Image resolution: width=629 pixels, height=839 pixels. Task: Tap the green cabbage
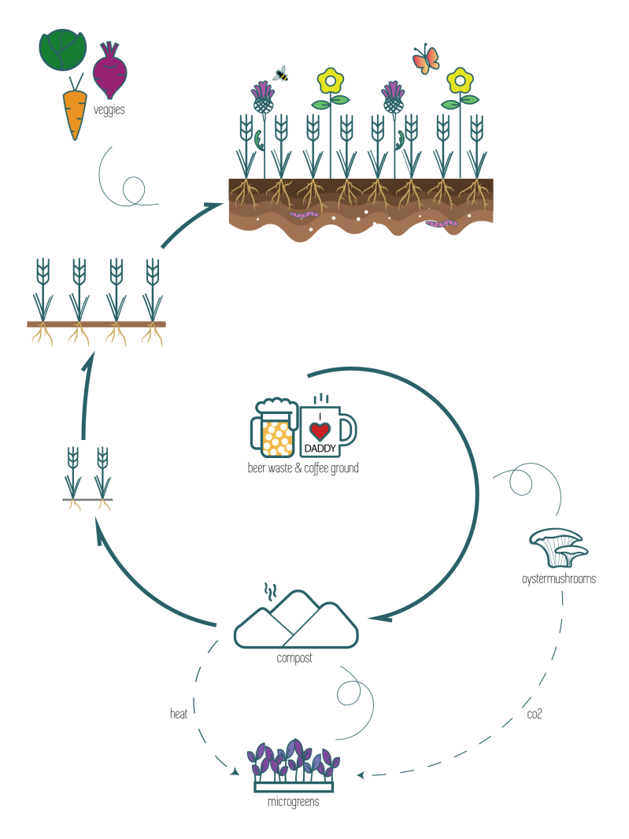point(61,50)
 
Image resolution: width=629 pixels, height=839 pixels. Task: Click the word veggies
point(109,111)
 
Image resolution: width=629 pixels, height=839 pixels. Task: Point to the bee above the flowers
point(280,74)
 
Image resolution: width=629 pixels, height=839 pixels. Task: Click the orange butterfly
point(425,60)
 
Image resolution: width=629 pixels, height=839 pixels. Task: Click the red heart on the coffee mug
point(320,431)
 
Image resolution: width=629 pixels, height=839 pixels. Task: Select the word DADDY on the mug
point(320,449)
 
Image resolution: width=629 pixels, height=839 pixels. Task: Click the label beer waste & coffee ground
point(303,468)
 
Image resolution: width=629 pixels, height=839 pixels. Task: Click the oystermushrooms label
point(558,579)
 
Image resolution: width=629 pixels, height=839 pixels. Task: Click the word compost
point(294,658)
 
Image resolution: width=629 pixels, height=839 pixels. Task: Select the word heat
point(179,714)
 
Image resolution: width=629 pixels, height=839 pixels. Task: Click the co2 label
point(534,715)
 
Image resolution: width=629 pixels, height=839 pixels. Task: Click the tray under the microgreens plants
point(294,785)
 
